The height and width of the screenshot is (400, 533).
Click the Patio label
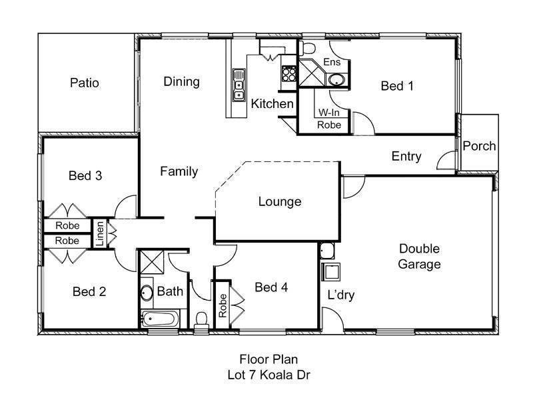[x=85, y=83]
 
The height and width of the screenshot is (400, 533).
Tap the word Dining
[x=182, y=82]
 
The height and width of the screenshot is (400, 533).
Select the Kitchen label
[x=272, y=104]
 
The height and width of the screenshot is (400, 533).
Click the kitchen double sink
[x=239, y=85]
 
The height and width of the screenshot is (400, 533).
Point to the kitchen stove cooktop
[x=288, y=73]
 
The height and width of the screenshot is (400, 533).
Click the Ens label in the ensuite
[x=332, y=62]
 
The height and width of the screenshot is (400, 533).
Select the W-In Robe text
[x=330, y=119]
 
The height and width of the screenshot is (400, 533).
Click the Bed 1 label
[x=397, y=86]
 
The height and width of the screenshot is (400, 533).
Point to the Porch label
[x=479, y=146]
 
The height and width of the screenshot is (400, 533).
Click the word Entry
[x=406, y=157]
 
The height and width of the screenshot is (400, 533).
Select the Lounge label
[x=280, y=201]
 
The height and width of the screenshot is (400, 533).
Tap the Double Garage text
[x=420, y=257]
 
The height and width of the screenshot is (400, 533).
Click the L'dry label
[x=340, y=294]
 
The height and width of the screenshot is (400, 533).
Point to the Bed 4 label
[x=271, y=287]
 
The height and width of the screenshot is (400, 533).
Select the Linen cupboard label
[x=99, y=234]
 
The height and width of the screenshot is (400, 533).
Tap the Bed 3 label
[x=85, y=176]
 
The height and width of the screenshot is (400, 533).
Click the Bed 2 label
[x=89, y=291]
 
